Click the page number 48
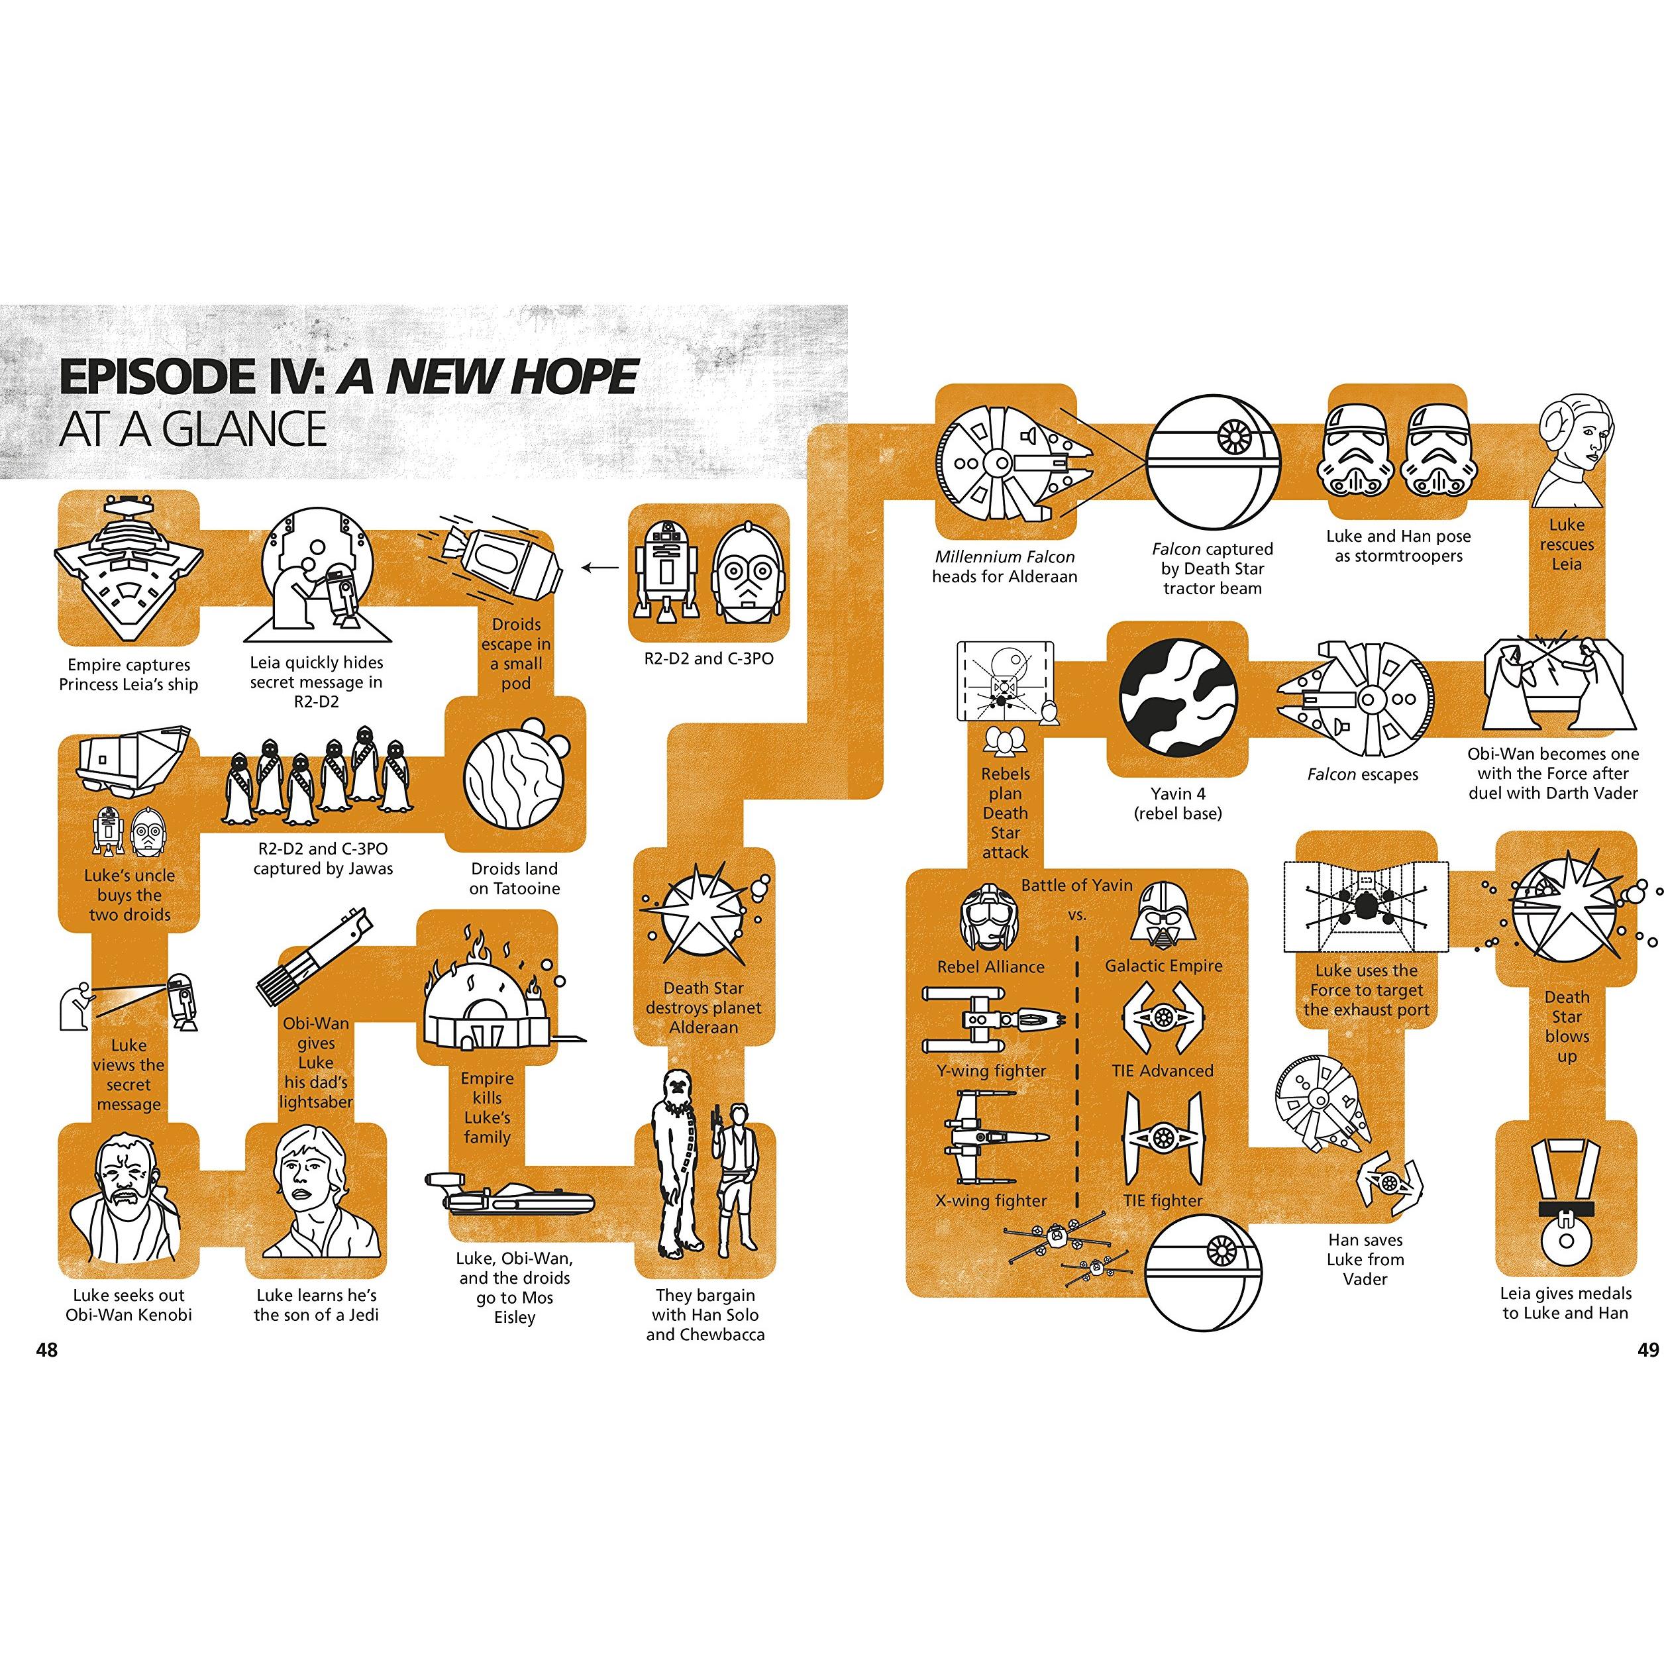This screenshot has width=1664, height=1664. pyautogui.click(x=46, y=1349)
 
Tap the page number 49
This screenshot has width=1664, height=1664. pyautogui.click(x=1647, y=1349)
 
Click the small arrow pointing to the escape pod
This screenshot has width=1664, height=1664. pyautogui.click(x=600, y=568)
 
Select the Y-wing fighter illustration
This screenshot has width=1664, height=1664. pyautogui.click(x=993, y=1019)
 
